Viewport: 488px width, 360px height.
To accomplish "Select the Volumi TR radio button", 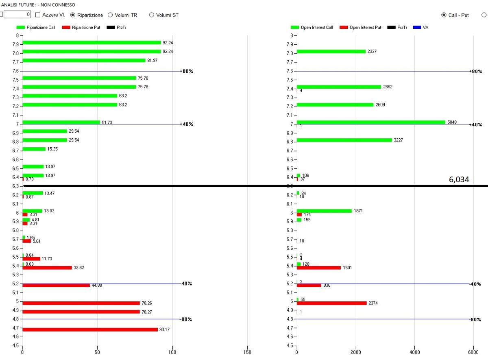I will pyautogui.click(x=110, y=15).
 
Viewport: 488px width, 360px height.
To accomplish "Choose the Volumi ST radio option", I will pyautogui.click(x=152, y=15).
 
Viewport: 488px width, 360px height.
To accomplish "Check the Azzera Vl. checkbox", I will pyautogui.click(x=38, y=15).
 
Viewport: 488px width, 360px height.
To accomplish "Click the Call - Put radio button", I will pyautogui.click(x=444, y=15).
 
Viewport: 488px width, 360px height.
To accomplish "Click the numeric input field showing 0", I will pyautogui.click(x=17, y=15).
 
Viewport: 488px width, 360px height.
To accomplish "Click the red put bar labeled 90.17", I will pyautogui.click(x=90, y=329).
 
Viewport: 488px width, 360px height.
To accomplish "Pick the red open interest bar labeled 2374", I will pyautogui.click(x=331, y=303).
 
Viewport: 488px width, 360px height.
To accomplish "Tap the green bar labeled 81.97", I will pyautogui.click(x=84, y=61).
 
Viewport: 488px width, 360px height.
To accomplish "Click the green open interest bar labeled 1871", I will pyautogui.click(x=324, y=211).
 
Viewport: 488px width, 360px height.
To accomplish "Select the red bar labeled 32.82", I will pyautogui.click(x=47, y=268).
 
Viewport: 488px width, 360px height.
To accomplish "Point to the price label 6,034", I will pyautogui.click(x=459, y=180).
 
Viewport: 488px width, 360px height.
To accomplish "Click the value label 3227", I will pyautogui.click(x=398, y=140).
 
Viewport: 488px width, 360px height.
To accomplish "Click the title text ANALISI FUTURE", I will pyautogui.click(x=20, y=4).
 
